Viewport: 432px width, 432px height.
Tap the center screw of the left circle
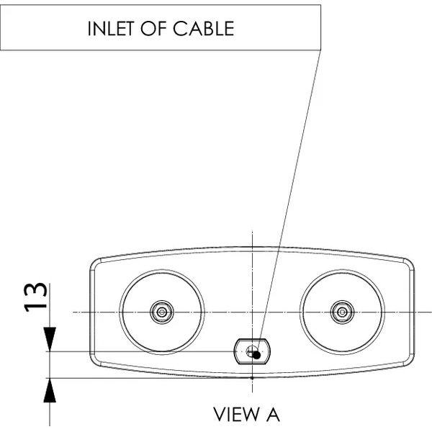point(161,312)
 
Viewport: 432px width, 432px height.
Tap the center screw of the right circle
point(341,312)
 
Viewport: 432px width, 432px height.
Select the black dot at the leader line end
point(256,354)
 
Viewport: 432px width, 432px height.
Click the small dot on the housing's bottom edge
point(251,377)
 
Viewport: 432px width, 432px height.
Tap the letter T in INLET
point(136,29)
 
